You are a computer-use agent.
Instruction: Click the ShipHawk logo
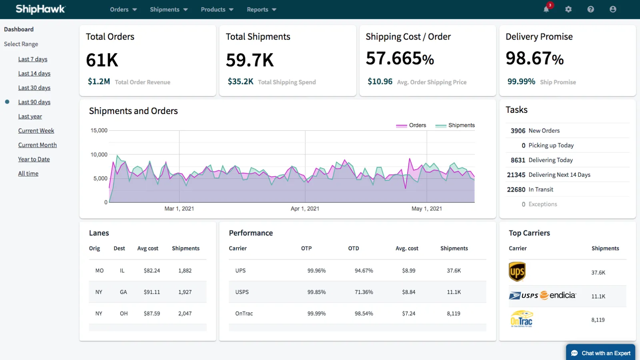tap(40, 9)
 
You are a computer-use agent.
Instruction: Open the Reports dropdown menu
tap(261, 10)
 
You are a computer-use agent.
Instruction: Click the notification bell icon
tap(546, 9)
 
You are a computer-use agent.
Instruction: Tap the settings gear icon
tap(568, 9)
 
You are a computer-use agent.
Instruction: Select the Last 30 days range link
tap(34, 88)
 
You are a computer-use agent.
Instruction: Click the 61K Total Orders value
tap(102, 60)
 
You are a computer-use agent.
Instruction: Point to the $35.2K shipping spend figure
tap(240, 82)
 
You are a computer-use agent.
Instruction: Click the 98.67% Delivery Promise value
tap(534, 59)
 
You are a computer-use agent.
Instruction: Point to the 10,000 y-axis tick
tap(99, 154)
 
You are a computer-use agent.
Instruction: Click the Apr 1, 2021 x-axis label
tap(305, 208)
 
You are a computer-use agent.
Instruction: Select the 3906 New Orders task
tap(535, 131)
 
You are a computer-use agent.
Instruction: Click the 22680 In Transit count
tap(516, 190)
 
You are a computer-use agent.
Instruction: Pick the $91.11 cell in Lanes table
tap(152, 292)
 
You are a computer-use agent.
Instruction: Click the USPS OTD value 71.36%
tap(364, 292)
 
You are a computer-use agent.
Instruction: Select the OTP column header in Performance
tap(306, 248)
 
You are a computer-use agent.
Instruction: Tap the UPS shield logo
tap(517, 272)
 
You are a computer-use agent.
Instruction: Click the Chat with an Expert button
tap(600, 353)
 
